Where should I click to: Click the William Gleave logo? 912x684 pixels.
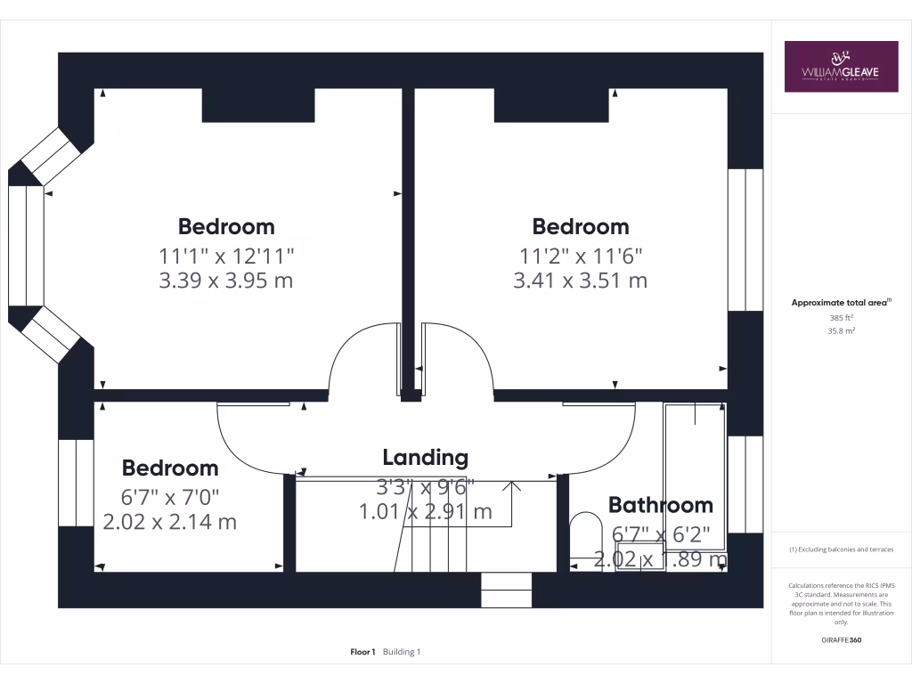point(841,67)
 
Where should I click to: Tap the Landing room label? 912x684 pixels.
point(425,458)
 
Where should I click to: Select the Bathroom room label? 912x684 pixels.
point(660,505)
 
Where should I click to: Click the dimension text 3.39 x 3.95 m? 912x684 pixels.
point(226,281)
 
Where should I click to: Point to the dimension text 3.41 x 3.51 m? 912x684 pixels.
point(580,281)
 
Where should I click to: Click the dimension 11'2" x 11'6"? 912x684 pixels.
point(580,256)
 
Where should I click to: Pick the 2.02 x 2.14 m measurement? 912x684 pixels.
point(170,522)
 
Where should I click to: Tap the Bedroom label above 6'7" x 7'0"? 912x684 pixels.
point(170,468)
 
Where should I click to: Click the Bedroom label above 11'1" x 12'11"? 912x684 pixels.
point(226,226)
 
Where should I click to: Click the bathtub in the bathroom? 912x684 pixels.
point(695,476)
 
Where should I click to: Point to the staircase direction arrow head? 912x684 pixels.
point(512,485)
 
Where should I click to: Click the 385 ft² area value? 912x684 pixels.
point(842,317)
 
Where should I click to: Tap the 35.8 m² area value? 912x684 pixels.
point(842,330)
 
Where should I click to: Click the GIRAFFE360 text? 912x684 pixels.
point(842,640)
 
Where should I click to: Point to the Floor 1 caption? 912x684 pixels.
point(362,652)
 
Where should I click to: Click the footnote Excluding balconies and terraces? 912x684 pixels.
point(841,550)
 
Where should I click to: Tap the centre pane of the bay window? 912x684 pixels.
point(26,245)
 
